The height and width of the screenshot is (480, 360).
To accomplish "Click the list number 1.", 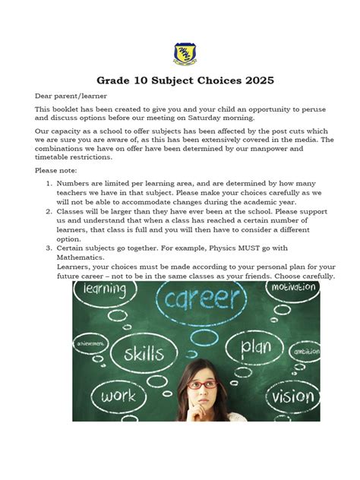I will pyautogui.click(x=47, y=184).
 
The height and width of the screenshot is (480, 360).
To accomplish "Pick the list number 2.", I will pyautogui.click(x=47, y=215).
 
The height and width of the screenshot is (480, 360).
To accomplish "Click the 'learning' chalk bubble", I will pyautogui.click(x=104, y=289).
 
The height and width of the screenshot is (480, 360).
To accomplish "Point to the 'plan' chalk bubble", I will pyautogui.click(x=256, y=348).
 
